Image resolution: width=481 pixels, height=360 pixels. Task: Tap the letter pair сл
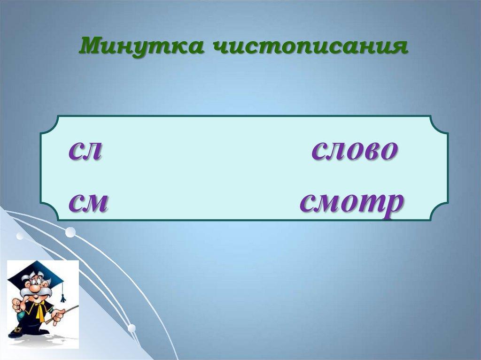[85, 151]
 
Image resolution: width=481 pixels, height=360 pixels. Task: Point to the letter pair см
[88, 203]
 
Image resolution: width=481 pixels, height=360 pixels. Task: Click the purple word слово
[355, 151]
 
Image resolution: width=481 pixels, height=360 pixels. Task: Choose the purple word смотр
[352, 203]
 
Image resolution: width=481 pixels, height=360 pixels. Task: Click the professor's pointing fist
[17, 306]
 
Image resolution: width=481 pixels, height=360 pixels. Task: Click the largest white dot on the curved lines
[70, 232]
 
